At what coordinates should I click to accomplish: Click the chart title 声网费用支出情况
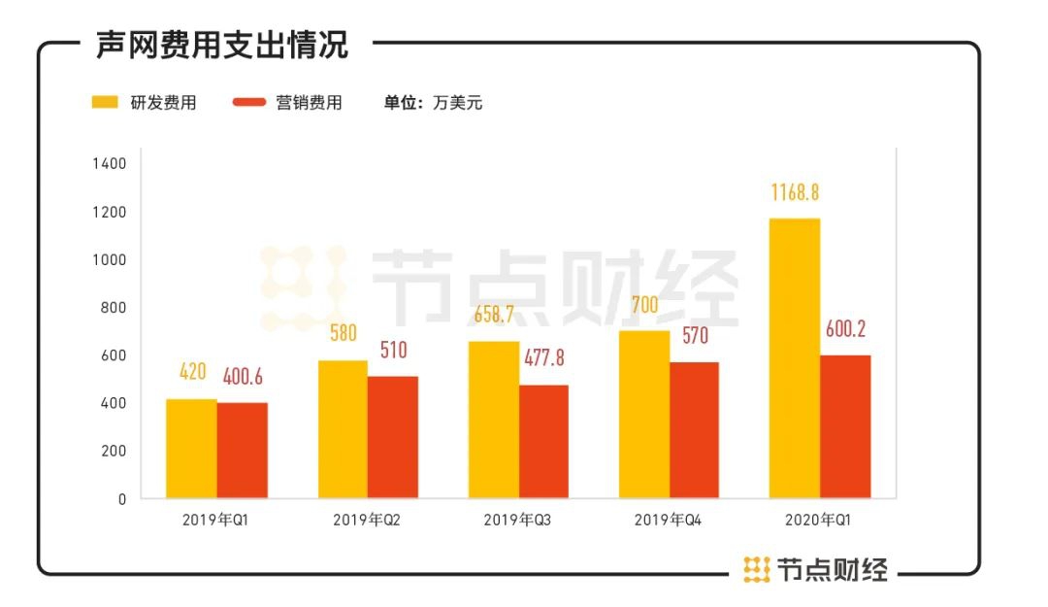pos(222,45)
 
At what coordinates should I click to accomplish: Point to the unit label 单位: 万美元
pos(433,103)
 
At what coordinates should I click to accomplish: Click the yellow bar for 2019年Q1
pos(191,449)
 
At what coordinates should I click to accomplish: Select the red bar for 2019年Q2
pos(392,437)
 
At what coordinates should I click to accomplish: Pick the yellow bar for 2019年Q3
pos(493,420)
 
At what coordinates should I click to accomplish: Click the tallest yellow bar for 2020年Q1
pos(795,358)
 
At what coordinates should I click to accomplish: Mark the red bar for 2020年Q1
pos(845,426)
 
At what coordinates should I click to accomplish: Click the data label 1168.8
pos(795,192)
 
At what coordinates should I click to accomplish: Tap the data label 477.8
pos(543,357)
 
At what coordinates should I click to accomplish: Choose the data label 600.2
pos(845,329)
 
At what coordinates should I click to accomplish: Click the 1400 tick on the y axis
pos(109,164)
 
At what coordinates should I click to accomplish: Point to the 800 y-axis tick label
pos(113,308)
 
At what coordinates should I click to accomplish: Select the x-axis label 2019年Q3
pos(517,521)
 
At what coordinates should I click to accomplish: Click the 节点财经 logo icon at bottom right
pos(757,569)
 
